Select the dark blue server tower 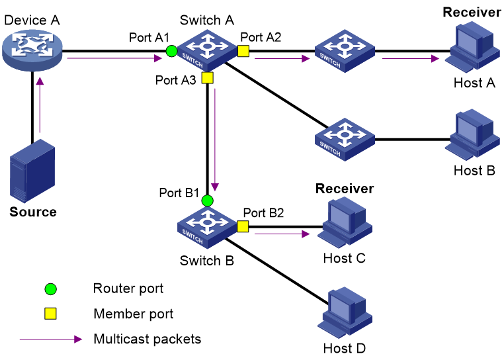tap(32, 171)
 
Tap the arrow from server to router tap(40, 106)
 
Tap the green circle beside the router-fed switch tap(171, 51)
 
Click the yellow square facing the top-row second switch tap(243, 51)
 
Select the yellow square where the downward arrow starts tap(207, 77)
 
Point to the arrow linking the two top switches tap(282, 58)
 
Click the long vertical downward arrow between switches tap(214, 139)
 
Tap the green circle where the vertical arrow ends tap(207, 201)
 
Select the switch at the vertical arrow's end tap(207, 227)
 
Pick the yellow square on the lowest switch tap(243, 226)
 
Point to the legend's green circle tap(50, 289)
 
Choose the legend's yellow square tap(50, 314)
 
